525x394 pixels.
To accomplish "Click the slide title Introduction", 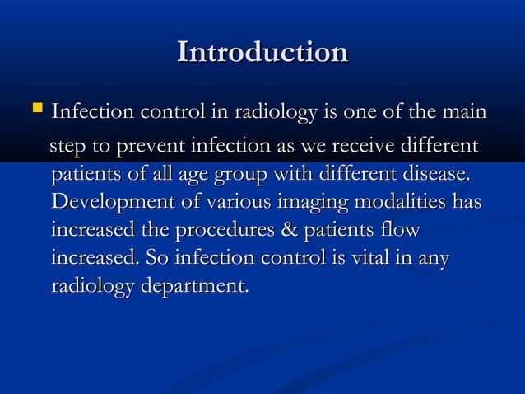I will (x=262, y=52).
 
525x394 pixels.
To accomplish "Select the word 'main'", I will (x=463, y=110).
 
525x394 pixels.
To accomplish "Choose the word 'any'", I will (x=433, y=260).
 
